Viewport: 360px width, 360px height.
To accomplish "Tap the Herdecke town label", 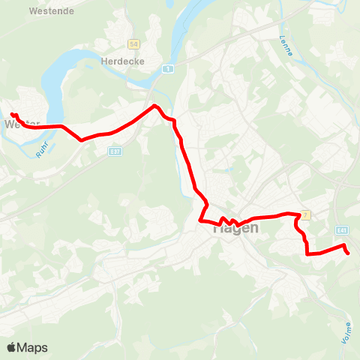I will (x=121, y=61).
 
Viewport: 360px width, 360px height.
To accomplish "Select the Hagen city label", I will (x=235, y=229).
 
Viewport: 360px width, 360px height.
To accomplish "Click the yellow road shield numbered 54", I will (x=133, y=44).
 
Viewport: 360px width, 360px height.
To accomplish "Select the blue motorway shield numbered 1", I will (x=169, y=70).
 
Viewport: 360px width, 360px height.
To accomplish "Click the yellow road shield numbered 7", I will (x=305, y=215).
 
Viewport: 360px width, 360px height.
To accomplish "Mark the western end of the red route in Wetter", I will (x=13, y=115).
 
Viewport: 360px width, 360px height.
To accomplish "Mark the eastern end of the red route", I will (x=349, y=253).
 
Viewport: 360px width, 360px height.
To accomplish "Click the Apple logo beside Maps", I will (x=11, y=347).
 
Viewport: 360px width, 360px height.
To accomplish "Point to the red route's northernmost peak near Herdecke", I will (x=155, y=106).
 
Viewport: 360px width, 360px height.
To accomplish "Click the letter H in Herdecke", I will (x=103, y=61).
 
